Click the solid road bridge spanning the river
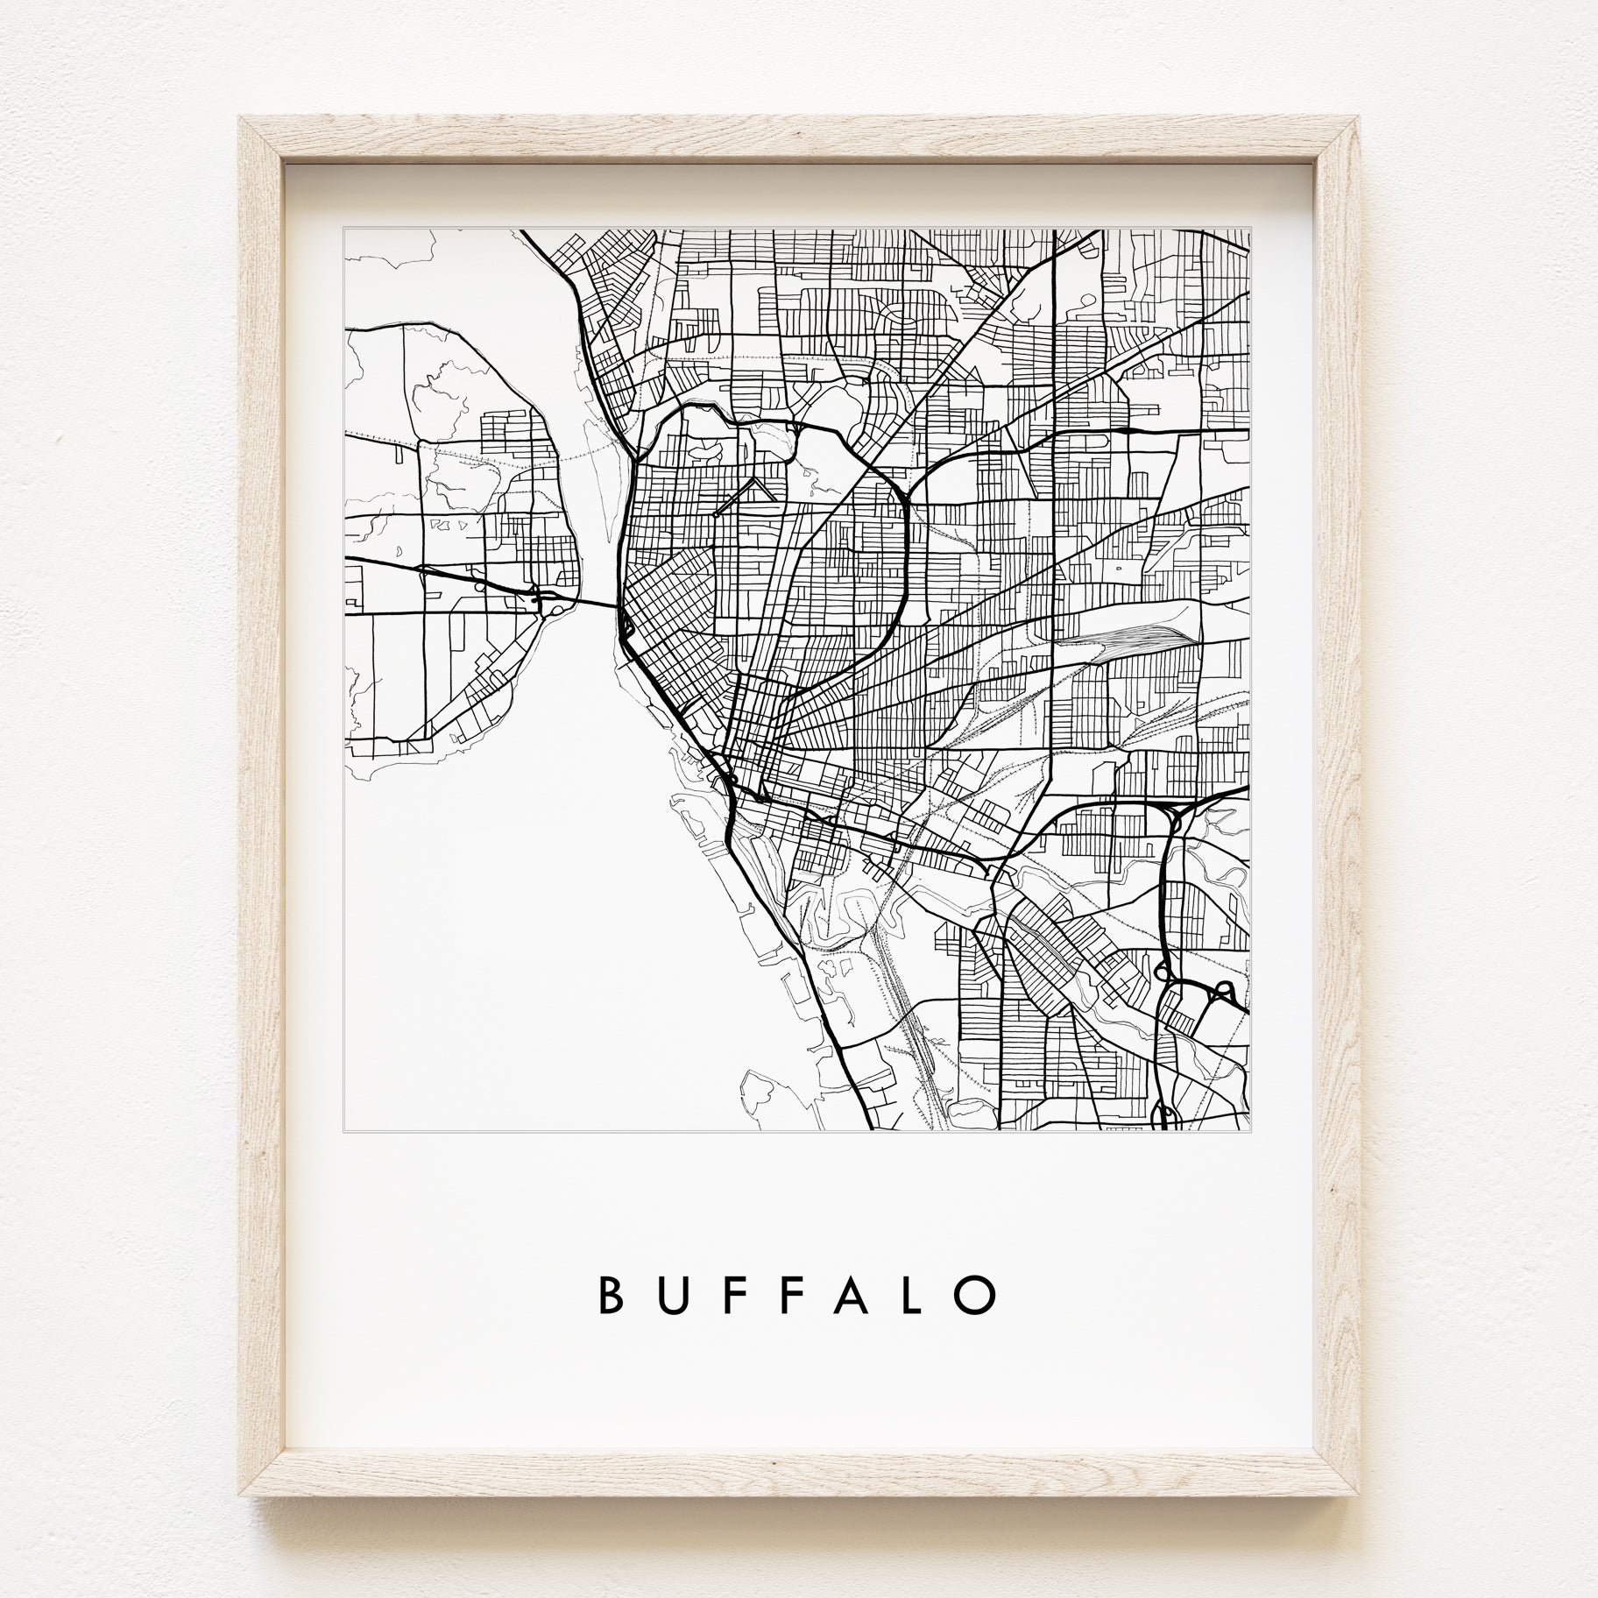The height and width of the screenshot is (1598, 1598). pyautogui.click(x=599, y=603)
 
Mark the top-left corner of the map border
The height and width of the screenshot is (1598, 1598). pyautogui.click(x=344, y=230)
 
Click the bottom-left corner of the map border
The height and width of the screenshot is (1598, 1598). pyautogui.click(x=344, y=1132)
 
